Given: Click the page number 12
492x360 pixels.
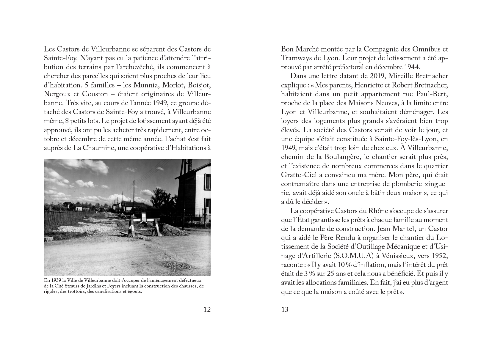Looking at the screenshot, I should click(207, 309).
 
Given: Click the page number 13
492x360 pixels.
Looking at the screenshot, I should click(285, 309).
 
